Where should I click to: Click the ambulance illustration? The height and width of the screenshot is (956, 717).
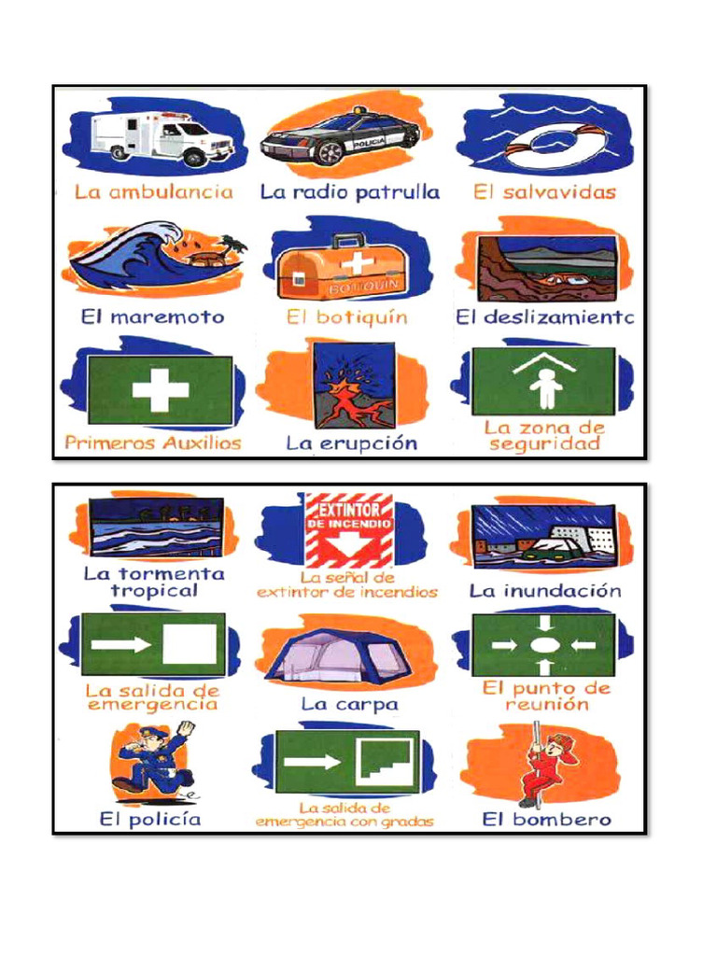(162, 138)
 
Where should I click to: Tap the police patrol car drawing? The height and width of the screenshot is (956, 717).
(340, 136)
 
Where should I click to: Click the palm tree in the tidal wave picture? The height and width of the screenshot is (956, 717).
(232, 246)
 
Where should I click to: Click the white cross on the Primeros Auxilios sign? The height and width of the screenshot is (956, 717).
(161, 389)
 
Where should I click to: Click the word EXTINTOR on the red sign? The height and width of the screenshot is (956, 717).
(349, 510)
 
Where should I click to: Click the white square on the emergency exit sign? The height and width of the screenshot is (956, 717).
(189, 644)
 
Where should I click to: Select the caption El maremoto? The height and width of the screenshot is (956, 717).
(153, 317)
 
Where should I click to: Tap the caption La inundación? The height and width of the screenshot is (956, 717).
(545, 590)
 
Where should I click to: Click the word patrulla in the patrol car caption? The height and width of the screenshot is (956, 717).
(398, 192)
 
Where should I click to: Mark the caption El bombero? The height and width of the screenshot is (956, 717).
(546, 819)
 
